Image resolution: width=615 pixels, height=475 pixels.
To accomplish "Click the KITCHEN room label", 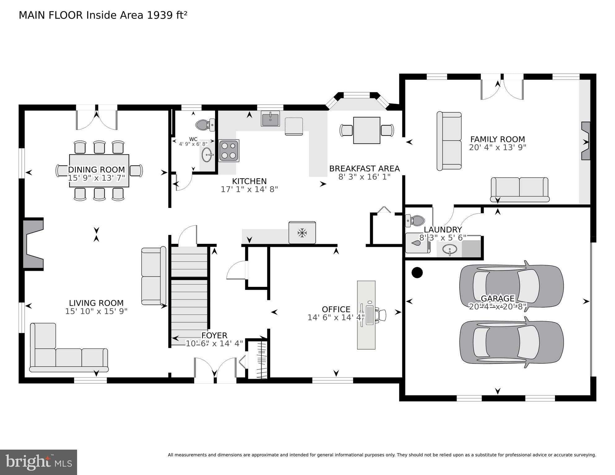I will click(x=249, y=181).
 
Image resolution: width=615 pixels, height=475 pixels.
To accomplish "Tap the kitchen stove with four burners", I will click(x=229, y=151).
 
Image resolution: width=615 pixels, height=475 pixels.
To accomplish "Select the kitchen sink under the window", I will click(x=270, y=119).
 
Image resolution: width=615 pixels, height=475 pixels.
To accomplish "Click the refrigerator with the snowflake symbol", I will click(x=302, y=233).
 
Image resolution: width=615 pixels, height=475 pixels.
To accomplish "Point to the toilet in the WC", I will click(x=205, y=125).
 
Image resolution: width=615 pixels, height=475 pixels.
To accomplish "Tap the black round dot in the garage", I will click(x=417, y=272).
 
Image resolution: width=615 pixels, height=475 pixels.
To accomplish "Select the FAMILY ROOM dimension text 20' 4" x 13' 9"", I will click(x=497, y=148).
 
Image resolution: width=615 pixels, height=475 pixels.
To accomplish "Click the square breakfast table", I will click(x=366, y=130).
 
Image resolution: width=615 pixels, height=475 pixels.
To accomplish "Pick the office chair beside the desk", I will click(x=381, y=315).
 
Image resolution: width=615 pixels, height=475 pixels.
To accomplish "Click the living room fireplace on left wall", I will click(x=33, y=244).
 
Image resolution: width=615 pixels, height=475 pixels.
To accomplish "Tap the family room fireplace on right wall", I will click(x=586, y=141).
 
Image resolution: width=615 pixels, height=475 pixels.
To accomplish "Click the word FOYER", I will click(x=214, y=335).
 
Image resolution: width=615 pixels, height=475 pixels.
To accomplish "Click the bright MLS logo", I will click(x=38, y=462).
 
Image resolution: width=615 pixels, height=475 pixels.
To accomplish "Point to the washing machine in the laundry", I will click(x=418, y=243).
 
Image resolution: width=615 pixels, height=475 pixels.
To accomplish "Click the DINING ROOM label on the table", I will click(x=96, y=170).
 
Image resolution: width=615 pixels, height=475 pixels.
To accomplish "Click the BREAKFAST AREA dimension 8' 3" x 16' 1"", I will click(x=364, y=177).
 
